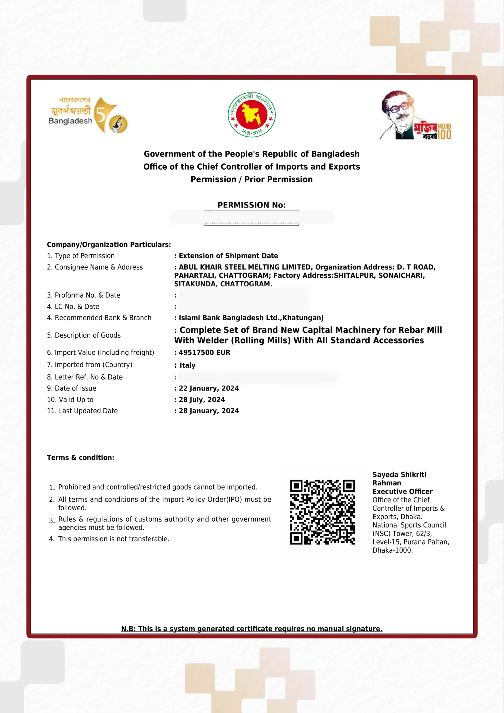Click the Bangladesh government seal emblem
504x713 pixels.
click(251, 114)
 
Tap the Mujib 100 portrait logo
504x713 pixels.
click(415, 115)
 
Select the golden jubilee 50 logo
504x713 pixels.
click(88, 114)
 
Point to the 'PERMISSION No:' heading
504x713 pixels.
click(251, 205)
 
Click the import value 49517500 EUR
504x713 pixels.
click(204, 353)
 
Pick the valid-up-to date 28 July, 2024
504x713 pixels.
click(202, 400)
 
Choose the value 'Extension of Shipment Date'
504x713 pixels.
click(228, 256)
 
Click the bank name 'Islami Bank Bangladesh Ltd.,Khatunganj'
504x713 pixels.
click(251, 318)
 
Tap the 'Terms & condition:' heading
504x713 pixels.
click(80, 457)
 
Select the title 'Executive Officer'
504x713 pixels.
click(402, 492)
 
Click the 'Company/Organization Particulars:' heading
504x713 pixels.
click(109, 245)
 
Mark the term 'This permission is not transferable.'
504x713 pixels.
click(114, 539)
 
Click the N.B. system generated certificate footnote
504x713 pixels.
click(251, 629)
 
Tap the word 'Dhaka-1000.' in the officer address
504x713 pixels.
click(393, 550)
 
